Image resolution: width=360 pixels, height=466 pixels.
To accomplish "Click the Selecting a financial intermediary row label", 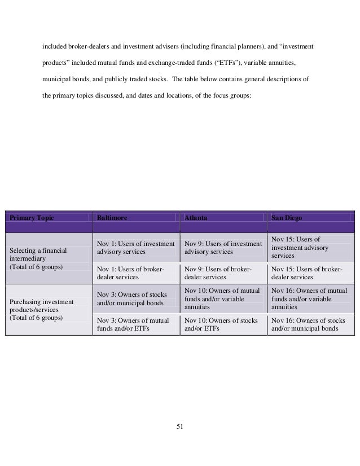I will click(x=37, y=256).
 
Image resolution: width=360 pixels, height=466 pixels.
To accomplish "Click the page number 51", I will click(x=180, y=426).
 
